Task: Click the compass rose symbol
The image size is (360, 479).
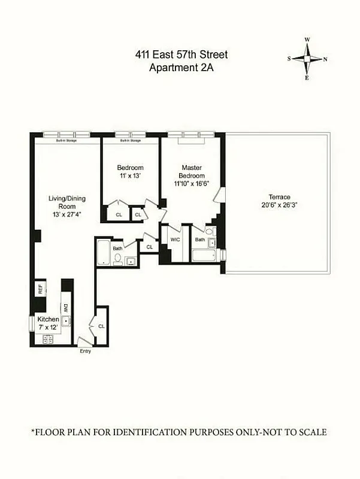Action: pyautogui.click(x=307, y=59)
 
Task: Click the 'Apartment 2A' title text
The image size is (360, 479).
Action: pyautogui.click(x=181, y=68)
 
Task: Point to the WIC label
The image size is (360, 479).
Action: pyautogui.click(x=175, y=239)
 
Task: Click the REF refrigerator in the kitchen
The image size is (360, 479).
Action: pyautogui.click(x=40, y=289)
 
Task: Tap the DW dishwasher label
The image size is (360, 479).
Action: pyautogui.click(x=66, y=308)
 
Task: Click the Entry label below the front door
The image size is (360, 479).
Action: pyautogui.click(x=86, y=351)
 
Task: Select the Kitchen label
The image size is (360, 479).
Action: pyautogui.click(x=48, y=319)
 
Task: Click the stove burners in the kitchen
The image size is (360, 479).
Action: pyautogui.click(x=46, y=339)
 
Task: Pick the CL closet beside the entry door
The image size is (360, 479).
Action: pyautogui.click(x=101, y=326)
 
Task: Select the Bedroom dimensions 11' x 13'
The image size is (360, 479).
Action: pyautogui.click(x=130, y=175)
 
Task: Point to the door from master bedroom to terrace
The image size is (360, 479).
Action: pyautogui.click(x=219, y=196)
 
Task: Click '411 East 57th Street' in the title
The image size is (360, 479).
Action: pyautogui.click(x=181, y=55)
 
